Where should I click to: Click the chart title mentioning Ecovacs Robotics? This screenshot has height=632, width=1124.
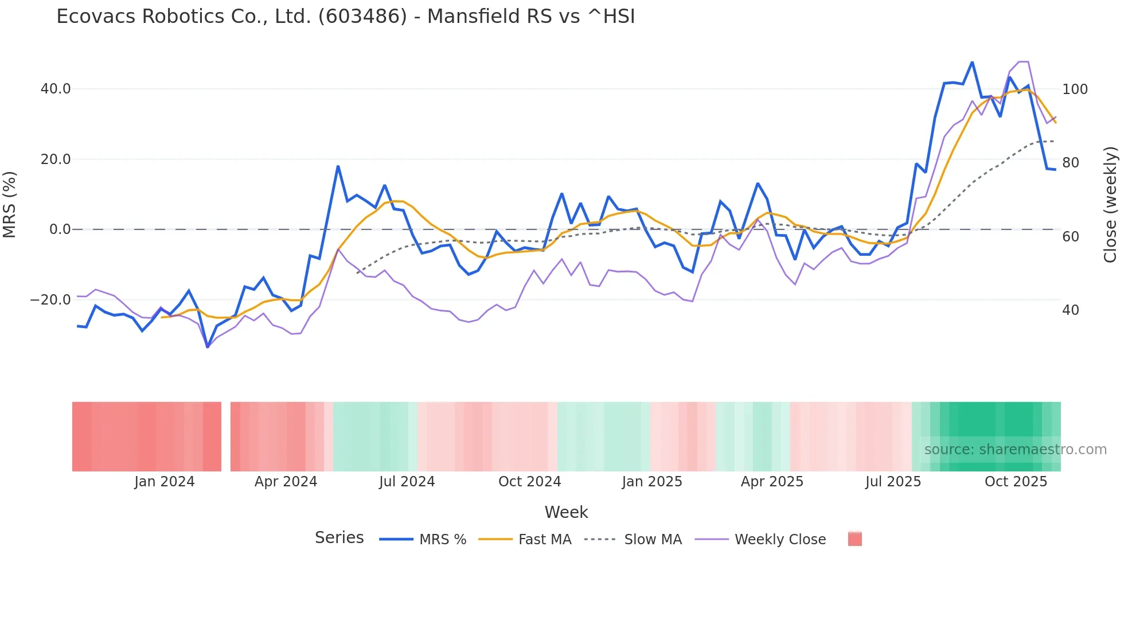pos(345,17)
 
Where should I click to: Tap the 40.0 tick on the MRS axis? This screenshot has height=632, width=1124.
pos(56,89)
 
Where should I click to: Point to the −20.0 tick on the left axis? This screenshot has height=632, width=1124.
pos(50,299)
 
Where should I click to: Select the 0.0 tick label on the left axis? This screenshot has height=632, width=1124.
pos(60,229)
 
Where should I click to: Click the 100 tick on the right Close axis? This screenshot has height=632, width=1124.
pos(1075,89)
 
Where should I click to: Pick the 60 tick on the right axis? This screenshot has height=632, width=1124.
pos(1070,237)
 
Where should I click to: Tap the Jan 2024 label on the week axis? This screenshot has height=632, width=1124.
pos(165,482)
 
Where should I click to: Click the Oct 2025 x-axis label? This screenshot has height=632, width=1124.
pos(1016,482)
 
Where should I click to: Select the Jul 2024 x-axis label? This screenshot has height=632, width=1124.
pos(407,482)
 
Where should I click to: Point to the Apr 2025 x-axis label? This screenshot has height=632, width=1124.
pos(772,482)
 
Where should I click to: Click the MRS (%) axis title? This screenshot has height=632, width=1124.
pos(10,204)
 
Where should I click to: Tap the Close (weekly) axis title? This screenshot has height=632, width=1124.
pos(1110,205)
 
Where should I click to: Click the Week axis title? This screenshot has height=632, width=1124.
pos(566,512)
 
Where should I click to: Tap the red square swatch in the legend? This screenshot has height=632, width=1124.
pos(854,539)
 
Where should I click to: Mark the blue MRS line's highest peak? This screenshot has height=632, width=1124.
pos(972,62)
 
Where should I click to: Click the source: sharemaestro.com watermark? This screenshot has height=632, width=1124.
pos(1015,450)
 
